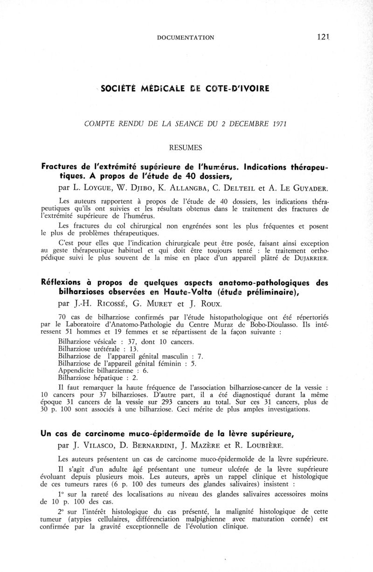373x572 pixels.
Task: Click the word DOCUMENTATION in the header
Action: (186, 37)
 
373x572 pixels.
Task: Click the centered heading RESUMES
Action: (186, 148)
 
